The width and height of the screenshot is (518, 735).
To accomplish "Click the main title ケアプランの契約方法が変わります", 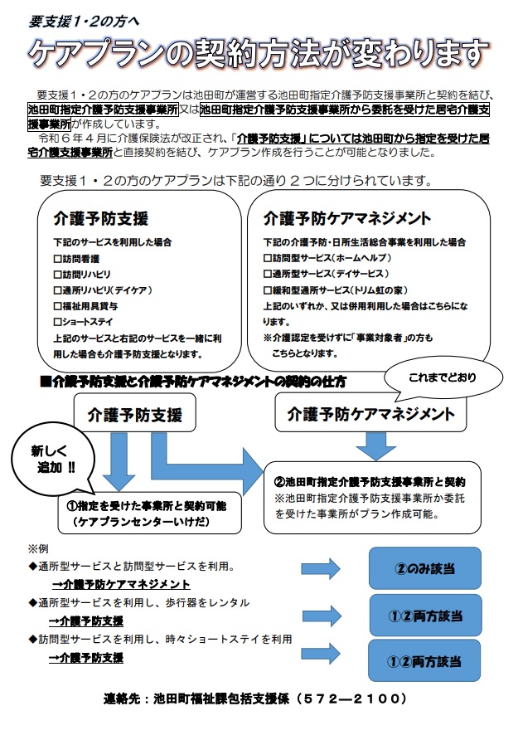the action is coord(258,53).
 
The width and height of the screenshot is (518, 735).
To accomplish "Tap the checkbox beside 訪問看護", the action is coord(58,259).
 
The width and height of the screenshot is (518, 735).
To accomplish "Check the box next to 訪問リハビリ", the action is coord(58,275).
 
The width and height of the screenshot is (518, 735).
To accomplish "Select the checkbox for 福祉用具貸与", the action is coord(58,307).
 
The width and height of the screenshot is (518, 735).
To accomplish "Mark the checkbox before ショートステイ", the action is coord(58,322).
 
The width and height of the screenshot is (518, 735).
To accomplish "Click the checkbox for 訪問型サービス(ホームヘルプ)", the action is coord(268,258).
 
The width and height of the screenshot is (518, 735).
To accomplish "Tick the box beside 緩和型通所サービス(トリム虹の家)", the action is coord(268,290).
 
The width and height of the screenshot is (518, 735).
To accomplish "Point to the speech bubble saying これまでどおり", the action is coord(443,379).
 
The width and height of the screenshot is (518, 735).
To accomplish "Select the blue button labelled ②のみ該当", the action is coord(425,568).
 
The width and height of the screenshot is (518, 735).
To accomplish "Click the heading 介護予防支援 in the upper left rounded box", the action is coord(100,219).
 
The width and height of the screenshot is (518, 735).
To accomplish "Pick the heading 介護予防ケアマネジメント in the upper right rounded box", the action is coord(347,218).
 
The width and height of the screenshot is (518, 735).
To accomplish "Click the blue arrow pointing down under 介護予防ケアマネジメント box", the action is coord(376,445).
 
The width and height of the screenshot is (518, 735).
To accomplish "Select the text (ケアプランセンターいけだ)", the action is coord(141,522).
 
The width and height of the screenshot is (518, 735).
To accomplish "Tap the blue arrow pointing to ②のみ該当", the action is coord(321,569).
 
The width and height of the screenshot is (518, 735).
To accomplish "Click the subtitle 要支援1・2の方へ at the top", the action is coord(84,22).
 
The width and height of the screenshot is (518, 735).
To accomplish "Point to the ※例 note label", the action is coord(38,549).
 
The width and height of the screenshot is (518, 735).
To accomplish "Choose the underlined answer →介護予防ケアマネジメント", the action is coord(121,584).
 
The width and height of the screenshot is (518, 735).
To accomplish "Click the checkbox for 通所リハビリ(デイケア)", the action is coord(58,290).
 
